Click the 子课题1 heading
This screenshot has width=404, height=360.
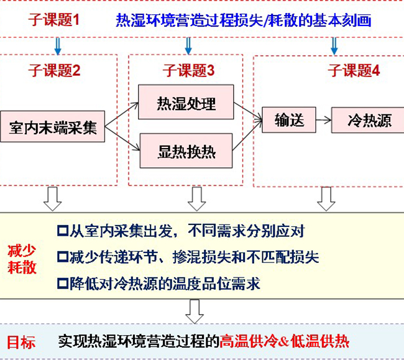[55, 20]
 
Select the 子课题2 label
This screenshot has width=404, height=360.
[54, 70]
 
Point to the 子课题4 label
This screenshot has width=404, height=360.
[354, 70]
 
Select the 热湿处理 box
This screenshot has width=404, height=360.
[186, 103]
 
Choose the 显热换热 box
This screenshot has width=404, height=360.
[186, 151]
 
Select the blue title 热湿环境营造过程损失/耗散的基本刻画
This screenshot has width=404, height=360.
[243, 21]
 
